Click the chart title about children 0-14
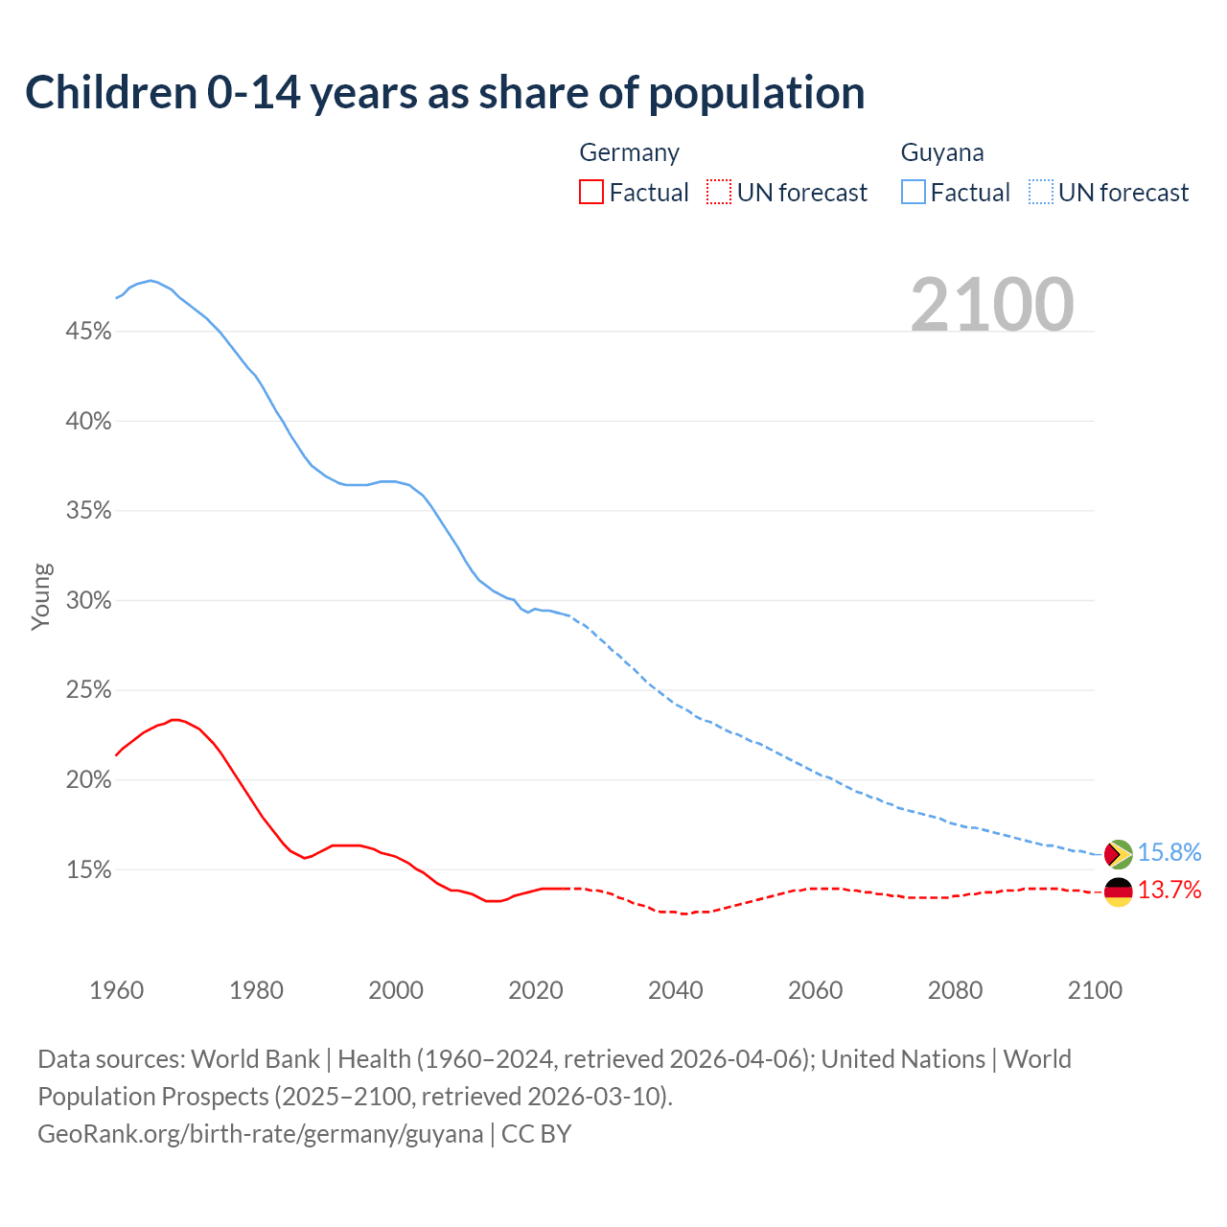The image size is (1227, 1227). pyautogui.click(x=445, y=93)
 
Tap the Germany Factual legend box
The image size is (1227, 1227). pyautogui.click(x=591, y=193)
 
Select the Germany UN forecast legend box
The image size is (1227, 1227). pyautogui.click(x=719, y=193)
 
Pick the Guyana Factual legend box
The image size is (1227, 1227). pyautogui.click(x=914, y=193)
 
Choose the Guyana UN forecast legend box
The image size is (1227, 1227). pyautogui.click(x=1041, y=193)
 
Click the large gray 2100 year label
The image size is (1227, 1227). pyautogui.click(x=992, y=305)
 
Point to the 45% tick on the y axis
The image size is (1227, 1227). pyautogui.click(x=89, y=332)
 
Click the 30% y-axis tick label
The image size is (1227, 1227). pyautogui.click(x=89, y=601)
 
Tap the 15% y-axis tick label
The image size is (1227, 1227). pyautogui.click(x=89, y=870)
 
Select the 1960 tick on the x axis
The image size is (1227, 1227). pyautogui.click(x=117, y=990)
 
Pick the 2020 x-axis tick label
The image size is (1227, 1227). pyautogui.click(x=536, y=990)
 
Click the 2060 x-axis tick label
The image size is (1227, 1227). pyautogui.click(x=815, y=990)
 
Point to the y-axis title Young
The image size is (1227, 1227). pyautogui.click(x=41, y=596)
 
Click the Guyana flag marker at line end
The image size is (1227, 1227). pyautogui.click(x=1118, y=853)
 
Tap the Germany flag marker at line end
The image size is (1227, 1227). pyautogui.click(x=1118, y=891)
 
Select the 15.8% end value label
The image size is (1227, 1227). pyautogui.click(x=1169, y=853)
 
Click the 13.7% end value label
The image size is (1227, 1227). pyautogui.click(x=1169, y=891)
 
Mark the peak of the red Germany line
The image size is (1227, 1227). pyautogui.click(x=174, y=719)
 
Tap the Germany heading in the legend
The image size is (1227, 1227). pyautogui.click(x=630, y=153)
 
